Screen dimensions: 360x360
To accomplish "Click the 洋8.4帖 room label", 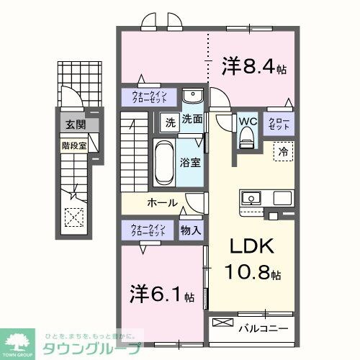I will [254, 68].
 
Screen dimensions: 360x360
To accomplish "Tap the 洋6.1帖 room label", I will [162, 294].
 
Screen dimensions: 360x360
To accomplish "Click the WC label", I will [248, 121].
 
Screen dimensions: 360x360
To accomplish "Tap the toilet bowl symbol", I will [247, 137].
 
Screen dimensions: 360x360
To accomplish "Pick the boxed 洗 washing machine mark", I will [170, 122].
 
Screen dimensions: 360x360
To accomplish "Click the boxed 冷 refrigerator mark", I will [283, 152].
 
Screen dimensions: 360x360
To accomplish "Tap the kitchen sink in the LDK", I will [252, 197].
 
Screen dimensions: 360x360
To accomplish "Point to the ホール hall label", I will [163, 203].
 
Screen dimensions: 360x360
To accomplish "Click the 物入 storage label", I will [191, 230].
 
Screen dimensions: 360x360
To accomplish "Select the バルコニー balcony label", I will [263, 328].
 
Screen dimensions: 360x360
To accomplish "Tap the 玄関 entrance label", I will [75, 125].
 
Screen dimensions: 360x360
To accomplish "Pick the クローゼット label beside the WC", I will [278, 123].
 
